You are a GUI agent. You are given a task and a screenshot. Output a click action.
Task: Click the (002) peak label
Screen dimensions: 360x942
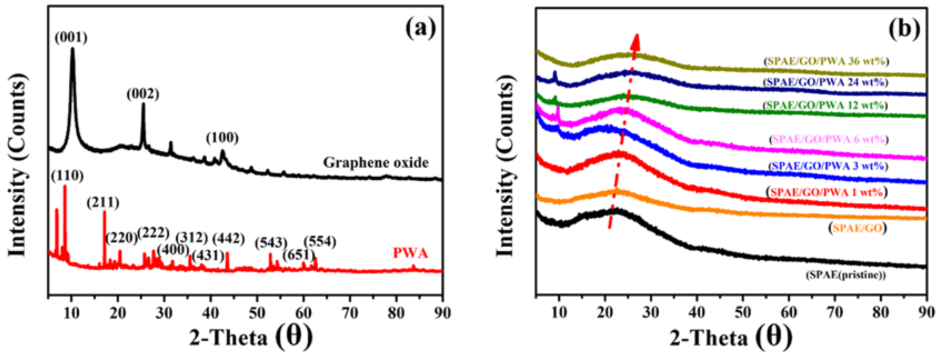tap(143, 94)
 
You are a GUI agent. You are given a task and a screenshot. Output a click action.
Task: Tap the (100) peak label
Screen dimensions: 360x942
tap(222, 138)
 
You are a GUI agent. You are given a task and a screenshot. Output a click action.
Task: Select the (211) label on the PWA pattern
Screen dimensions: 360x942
tap(103, 202)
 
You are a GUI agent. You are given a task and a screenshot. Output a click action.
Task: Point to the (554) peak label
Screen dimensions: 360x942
tap(320, 241)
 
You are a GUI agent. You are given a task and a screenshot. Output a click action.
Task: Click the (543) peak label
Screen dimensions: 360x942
tap(271, 242)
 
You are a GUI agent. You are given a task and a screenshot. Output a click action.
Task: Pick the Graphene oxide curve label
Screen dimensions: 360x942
tap(376, 162)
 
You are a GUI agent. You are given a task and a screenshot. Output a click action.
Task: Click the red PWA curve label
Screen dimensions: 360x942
tap(410, 253)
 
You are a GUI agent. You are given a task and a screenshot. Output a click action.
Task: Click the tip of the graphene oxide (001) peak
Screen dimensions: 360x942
tap(72, 49)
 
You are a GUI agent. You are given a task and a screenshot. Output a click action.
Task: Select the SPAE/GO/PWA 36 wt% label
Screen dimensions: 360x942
tap(825, 61)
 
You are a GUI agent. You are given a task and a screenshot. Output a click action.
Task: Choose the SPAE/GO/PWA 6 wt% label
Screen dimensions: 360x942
tap(828, 139)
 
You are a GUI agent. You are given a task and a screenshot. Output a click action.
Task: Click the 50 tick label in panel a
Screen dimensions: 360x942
tap(257, 313)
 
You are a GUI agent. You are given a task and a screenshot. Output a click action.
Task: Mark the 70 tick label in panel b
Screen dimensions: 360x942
tap(835, 313)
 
